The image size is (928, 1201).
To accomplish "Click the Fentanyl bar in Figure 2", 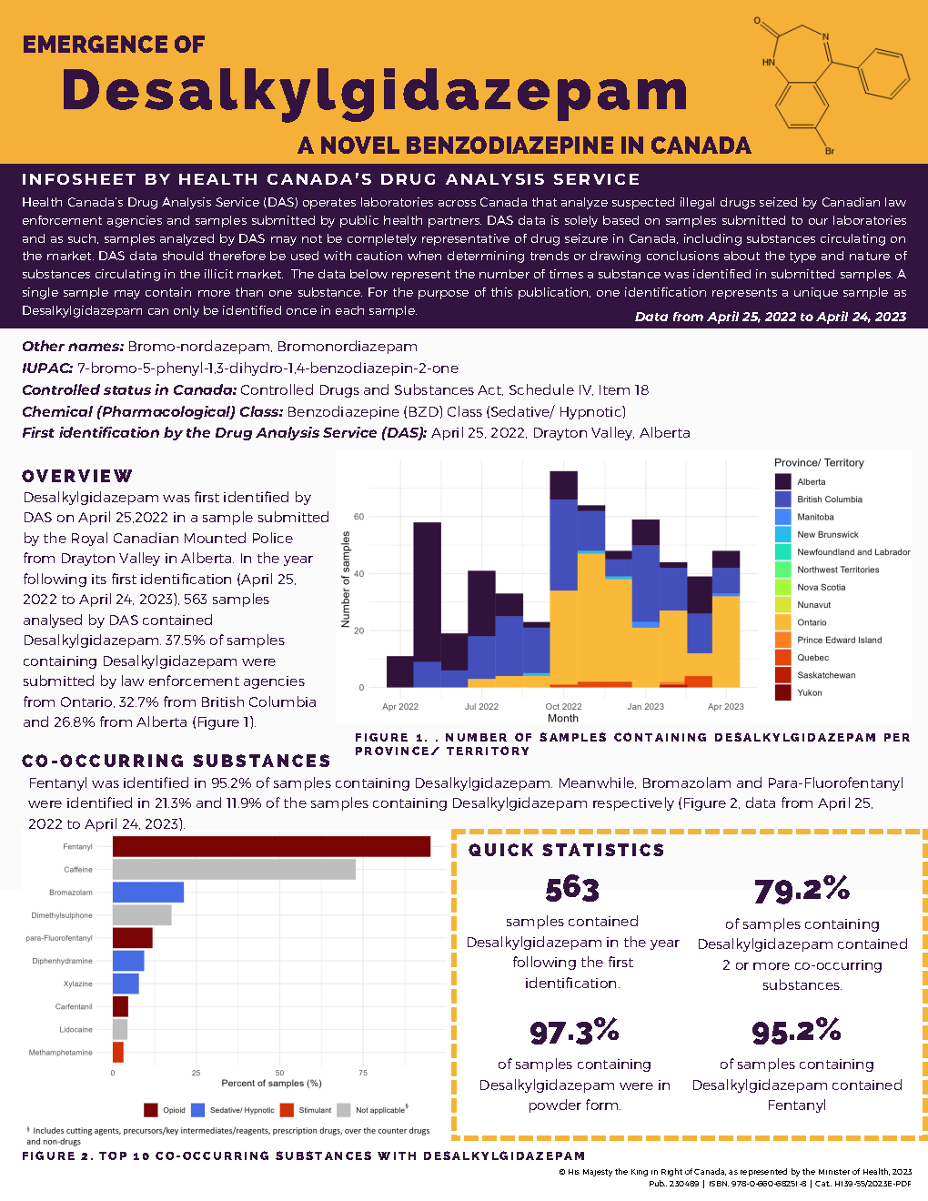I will coord(271,846).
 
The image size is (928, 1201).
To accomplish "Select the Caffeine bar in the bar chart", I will coord(234,869).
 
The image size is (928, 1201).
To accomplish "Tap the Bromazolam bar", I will coord(148,893).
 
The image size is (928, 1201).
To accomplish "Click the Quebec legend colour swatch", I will coord(783,658).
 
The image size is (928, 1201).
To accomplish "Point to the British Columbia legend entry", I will coord(829,500).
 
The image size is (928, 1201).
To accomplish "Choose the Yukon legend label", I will coord(809,693).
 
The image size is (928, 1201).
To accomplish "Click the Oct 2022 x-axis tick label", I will coord(563,707).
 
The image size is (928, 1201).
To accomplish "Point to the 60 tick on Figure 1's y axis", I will coord(358,517).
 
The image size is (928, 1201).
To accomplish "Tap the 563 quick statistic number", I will coord(572,889).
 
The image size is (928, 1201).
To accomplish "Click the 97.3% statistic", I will coord(574,1032).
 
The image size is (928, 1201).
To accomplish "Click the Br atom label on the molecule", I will coord(829,151).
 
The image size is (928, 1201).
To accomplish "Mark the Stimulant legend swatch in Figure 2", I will coord(287,1110).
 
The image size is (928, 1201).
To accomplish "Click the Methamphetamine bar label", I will coord(60,1053).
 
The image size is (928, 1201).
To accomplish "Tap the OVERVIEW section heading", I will coord(77,476).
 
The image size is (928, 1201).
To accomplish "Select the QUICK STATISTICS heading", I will coord(566,850).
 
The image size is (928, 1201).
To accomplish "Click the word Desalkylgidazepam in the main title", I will coord(374,92).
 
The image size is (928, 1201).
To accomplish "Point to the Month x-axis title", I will coord(562,719).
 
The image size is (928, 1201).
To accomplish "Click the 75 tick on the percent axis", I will coord(363,1074).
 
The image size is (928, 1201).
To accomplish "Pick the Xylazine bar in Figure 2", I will coord(126,984).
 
